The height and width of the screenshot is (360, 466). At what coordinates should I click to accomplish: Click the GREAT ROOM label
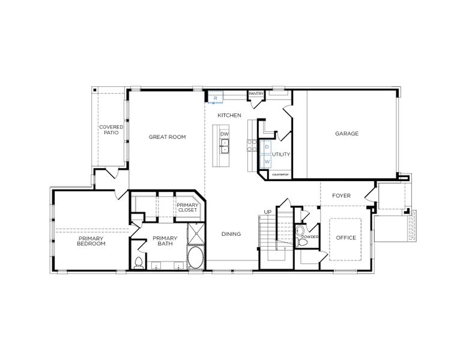point(167,137)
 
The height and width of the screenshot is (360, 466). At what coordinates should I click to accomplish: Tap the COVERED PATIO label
point(111,130)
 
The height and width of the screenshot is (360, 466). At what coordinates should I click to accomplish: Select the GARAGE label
point(346,133)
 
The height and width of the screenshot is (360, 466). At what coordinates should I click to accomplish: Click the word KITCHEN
point(229,115)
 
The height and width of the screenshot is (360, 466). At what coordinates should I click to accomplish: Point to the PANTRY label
point(257,94)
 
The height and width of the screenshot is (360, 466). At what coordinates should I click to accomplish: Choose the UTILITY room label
point(281,154)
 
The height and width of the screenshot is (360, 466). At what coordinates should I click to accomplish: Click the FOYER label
point(341,196)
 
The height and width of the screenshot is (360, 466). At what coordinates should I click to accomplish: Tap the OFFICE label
point(346,238)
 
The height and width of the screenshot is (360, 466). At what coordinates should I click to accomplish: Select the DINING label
point(231,234)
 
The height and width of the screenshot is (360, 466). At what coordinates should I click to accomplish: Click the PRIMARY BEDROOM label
point(91,241)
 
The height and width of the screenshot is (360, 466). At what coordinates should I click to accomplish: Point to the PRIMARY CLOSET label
point(187,207)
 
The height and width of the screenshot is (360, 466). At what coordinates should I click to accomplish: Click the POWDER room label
point(310,237)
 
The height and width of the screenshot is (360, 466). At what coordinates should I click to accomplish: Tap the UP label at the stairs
point(268,212)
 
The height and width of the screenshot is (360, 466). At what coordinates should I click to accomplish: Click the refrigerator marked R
point(215,97)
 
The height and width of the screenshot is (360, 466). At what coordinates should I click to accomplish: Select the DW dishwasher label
point(225,134)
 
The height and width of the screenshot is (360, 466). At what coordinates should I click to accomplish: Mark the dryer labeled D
point(267,147)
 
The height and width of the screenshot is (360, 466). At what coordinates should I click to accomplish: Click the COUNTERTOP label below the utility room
point(280,175)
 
